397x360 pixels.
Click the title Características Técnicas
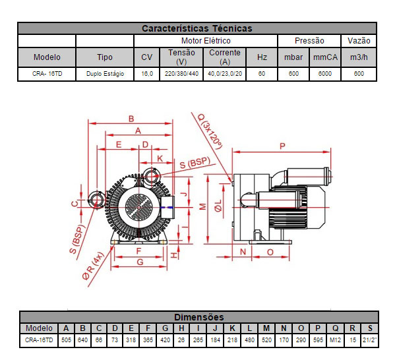coord(197,28)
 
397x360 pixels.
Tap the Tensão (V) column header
coord(181,57)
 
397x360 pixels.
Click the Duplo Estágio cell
coord(105,74)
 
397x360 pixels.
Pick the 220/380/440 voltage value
coord(181,74)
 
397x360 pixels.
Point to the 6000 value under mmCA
coord(325,74)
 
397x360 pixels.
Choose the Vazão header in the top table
coord(359,41)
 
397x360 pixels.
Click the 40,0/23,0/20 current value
coord(225,74)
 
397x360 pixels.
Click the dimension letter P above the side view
coord(282,145)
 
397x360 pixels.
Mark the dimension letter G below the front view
coord(139,262)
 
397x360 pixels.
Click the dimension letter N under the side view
coord(243,252)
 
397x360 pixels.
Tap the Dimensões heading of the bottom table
coord(198,317)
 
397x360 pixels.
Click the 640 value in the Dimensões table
coord(82,340)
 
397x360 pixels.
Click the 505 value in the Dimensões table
coord(66,340)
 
